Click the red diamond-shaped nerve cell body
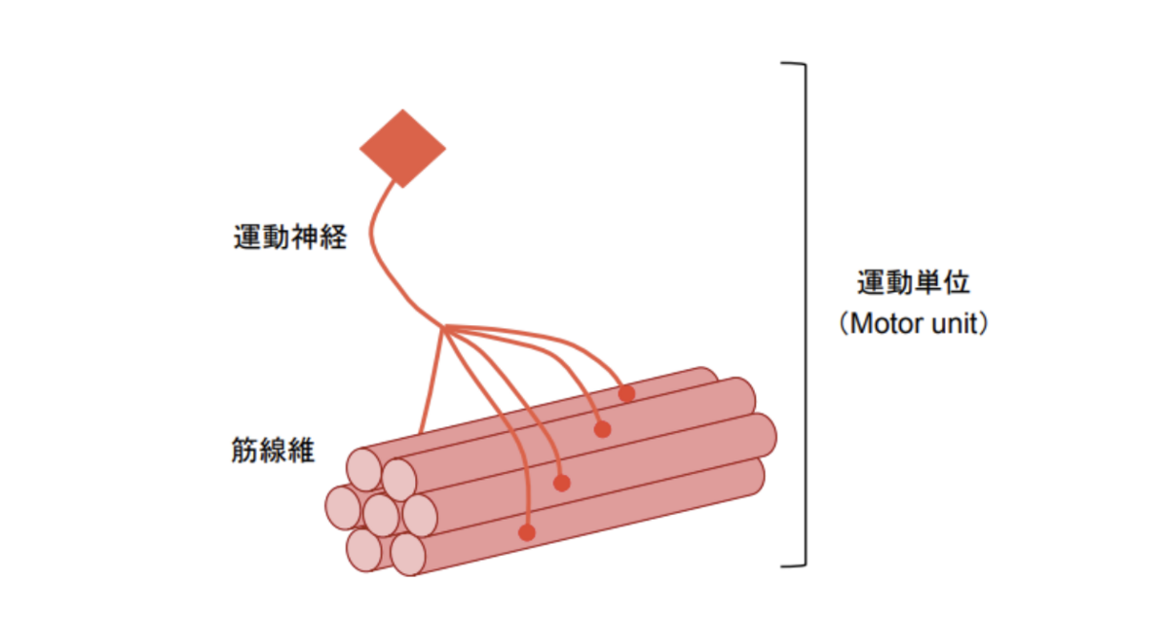402,148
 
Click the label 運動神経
289,236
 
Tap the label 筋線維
274,451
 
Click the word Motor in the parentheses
889,323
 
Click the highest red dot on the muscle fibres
626,393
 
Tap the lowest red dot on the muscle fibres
527,532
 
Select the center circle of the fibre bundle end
381,511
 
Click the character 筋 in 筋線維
245,451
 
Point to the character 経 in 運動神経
332,236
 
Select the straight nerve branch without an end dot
431,384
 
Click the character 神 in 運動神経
304,236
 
